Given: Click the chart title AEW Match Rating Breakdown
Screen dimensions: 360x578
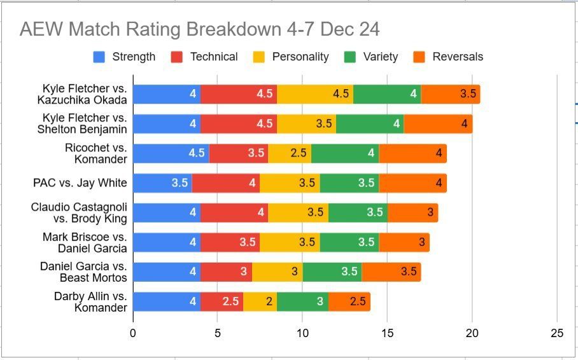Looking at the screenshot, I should [x=199, y=30].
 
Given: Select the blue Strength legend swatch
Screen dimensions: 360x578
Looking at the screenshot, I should [x=99, y=57].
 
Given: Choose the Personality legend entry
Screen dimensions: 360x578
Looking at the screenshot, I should [x=300, y=57].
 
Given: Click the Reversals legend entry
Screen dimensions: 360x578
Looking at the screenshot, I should [x=457, y=57].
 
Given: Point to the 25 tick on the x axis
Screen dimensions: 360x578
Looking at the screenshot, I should [x=557, y=333].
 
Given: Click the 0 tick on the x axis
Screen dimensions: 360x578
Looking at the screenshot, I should [x=132, y=333].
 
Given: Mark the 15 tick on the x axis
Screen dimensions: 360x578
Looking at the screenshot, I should [x=387, y=333].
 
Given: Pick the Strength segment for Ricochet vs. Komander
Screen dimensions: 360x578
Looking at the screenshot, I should [x=171, y=153].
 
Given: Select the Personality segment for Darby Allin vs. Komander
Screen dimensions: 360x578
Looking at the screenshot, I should [x=260, y=301].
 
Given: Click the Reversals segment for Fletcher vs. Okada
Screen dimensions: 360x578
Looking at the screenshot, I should [x=451, y=93].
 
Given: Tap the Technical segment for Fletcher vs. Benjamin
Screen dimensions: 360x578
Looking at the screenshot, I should [x=239, y=123].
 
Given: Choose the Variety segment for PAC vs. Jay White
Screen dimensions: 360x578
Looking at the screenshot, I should [x=349, y=183].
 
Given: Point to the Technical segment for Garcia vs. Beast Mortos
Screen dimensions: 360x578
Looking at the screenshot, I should [x=226, y=272].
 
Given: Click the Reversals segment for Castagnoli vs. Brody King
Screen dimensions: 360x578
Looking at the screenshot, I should [x=412, y=212].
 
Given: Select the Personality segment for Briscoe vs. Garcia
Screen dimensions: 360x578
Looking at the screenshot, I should [x=290, y=242].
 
